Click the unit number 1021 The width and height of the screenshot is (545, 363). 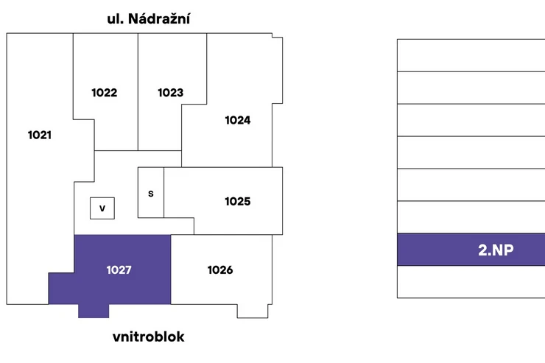(40, 135)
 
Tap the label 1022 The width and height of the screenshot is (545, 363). (105, 93)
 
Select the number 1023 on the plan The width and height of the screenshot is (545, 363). (170, 93)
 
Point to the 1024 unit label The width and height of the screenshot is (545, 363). (238, 120)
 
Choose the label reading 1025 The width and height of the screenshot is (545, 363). (238, 202)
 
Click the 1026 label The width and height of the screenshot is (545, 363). (220, 270)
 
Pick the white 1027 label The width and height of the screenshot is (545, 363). (119, 270)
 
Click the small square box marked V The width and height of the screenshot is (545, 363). (102, 208)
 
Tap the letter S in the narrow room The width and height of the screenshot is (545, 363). (151, 194)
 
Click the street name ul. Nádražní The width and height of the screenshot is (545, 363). (149, 18)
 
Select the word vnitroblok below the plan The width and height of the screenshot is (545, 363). (149, 336)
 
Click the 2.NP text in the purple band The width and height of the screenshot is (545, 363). (496, 250)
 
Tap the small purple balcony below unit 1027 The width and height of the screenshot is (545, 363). (94, 311)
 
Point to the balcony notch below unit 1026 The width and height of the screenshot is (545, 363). (253, 311)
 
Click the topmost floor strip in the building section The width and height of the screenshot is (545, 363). (471, 55)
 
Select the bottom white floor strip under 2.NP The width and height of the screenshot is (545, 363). (471, 282)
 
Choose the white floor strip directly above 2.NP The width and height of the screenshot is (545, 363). (471, 217)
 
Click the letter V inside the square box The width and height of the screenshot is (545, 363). (102, 208)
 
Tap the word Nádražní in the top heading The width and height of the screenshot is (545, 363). (159, 18)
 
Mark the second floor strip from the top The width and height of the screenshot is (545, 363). (471, 88)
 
